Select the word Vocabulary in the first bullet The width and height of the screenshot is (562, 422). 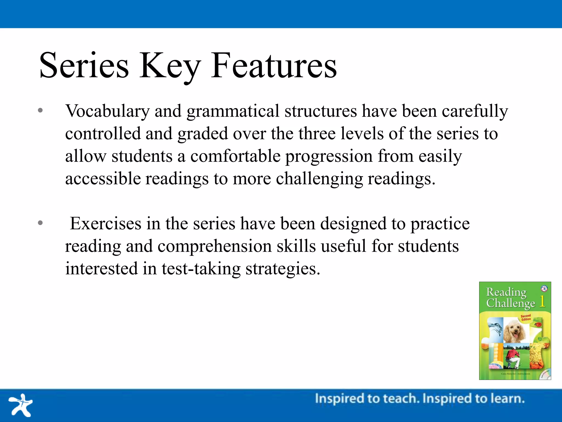point(107,111)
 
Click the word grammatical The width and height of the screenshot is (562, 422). point(233,111)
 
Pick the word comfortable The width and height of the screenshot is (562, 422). point(235,156)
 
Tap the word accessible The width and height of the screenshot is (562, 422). point(103,179)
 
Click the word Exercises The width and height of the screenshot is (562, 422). point(106,223)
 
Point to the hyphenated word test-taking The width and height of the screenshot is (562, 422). point(201,269)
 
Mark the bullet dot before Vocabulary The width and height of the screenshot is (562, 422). point(40,111)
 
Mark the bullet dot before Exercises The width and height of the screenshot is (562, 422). point(40,223)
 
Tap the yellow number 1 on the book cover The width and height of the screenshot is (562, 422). point(542,301)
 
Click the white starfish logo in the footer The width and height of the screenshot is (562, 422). point(21,405)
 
